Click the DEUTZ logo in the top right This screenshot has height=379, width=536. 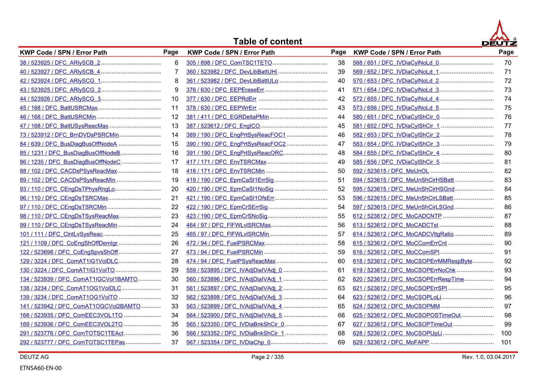[x=499, y=34]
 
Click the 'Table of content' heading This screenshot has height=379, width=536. [x=268, y=42]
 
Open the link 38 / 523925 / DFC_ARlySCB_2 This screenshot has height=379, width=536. [x=60, y=63]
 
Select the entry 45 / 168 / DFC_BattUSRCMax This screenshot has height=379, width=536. [x=59, y=108]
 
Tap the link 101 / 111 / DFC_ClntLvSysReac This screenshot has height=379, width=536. [x=61, y=234]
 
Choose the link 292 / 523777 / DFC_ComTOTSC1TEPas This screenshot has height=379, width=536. [x=72, y=342]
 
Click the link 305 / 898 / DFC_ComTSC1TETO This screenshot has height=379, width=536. [x=229, y=63]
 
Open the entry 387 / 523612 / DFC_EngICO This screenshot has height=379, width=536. [x=223, y=126]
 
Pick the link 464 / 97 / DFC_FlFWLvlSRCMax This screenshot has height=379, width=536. [x=228, y=225]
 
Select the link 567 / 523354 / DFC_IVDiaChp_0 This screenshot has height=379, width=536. [x=228, y=342]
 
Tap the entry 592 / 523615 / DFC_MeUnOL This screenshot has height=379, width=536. [x=391, y=171]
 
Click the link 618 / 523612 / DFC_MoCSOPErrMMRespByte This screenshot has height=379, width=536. [x=413, y=261]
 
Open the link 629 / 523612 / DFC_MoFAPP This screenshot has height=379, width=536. [x=391, y=342]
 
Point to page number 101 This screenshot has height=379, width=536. [x=506, y=342]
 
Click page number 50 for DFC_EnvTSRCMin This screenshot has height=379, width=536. [x=341, y=171]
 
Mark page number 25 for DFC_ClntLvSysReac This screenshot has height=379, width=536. [x=175, y=234]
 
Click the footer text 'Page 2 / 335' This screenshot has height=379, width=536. [x=268, y=357]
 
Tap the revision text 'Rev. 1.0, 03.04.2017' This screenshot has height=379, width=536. [x=488, y=357]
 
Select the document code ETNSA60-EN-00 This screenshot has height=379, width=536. [x=41, y=368]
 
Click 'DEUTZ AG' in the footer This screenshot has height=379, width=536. [x=34, y=357]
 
